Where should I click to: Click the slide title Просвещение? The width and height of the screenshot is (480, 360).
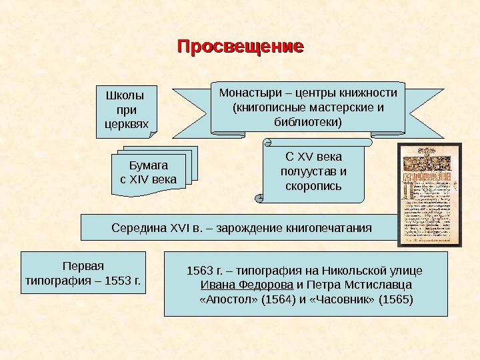point(240,47)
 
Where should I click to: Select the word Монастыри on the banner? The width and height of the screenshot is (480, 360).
point(247,93)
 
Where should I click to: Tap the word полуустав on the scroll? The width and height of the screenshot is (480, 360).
point(313,171)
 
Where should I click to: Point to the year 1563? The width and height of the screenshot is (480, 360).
point(198,271)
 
